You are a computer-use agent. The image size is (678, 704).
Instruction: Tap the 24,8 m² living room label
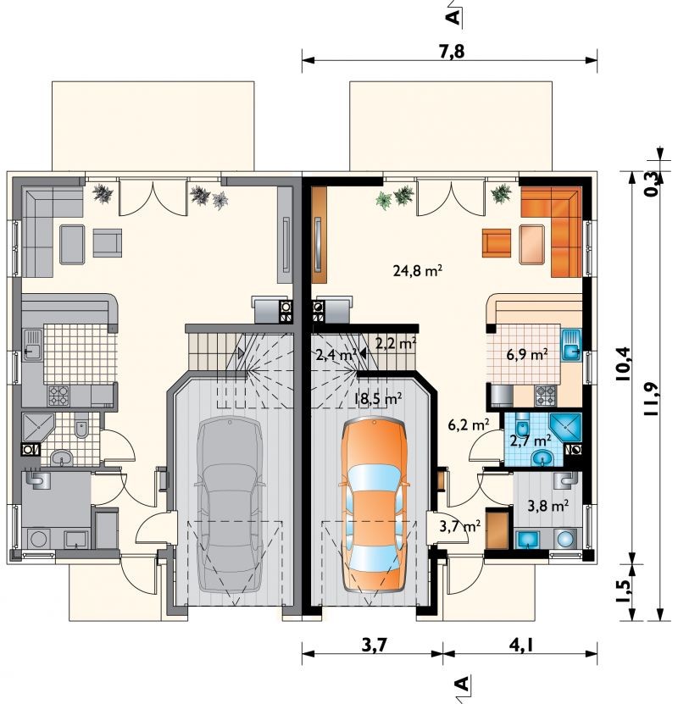click(x=418, y=271)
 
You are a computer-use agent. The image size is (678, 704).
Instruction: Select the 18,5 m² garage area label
click(x=377, y=398)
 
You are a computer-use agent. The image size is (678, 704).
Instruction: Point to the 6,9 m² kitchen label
click(x=527, y=355)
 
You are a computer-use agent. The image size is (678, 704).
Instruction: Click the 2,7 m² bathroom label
click(x=531, y=441)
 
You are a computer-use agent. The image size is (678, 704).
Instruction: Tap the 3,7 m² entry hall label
click(x=460, y=526)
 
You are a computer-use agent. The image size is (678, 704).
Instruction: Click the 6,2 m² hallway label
click(x=469, y=424)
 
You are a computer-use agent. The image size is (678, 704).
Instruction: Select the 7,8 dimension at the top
click(x=452, y=52)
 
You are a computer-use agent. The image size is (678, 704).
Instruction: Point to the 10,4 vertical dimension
click(x=623, y=364)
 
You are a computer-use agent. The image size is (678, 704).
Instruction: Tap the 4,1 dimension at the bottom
click(x=521, y=646)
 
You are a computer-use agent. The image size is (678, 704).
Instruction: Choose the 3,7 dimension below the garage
click(x=374, y=646)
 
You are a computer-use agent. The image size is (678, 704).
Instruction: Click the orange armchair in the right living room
click(x=497, y=243)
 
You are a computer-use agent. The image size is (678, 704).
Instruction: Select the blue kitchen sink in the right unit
click(x=572, y=345)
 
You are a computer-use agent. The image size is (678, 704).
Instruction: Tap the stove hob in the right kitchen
click(x=546, y=396)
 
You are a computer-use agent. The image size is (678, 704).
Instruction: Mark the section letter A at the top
click(x=454, y=17)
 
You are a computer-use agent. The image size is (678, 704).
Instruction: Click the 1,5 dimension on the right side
click(x=623, y=594)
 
